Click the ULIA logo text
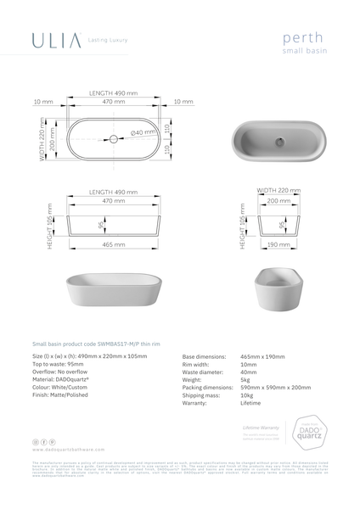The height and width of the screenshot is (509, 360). click(58, 40)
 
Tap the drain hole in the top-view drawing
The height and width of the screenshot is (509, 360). click(113, 137)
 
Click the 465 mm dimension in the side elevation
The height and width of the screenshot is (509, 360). click(113, 243)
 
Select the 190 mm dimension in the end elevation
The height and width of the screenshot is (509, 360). click(273, 243)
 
